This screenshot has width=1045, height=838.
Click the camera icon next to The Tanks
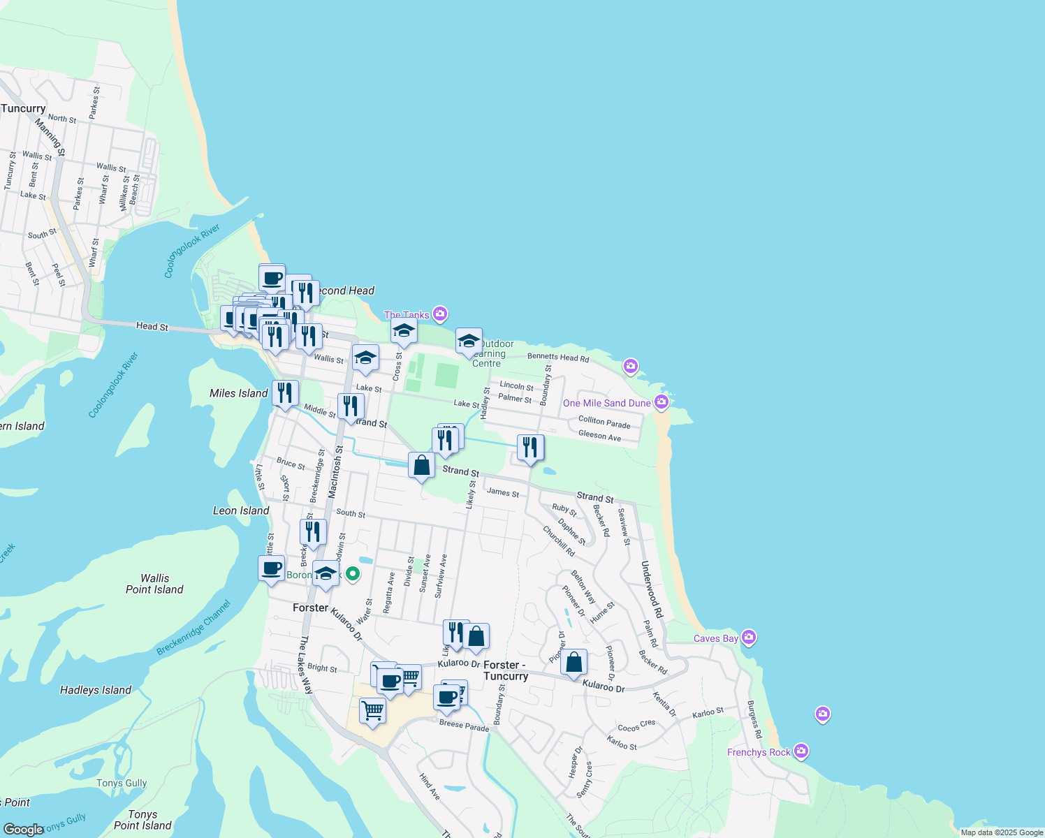coord(439,314)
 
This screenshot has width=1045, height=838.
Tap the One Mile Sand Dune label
coord(606,403)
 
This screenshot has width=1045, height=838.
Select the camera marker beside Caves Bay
coord(749,637)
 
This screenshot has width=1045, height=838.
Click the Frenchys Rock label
coord(759,752)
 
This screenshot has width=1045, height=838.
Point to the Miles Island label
coord(238,393)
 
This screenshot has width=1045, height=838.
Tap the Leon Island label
coord(241,510)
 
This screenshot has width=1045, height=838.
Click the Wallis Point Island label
coord(154,584)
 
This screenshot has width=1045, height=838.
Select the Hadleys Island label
coord(96,690)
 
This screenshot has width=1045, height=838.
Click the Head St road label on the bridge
coord(152,326)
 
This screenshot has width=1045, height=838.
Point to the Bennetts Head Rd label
coord(558,358)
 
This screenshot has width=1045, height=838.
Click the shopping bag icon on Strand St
coord(421,465)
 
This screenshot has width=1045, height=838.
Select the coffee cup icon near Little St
coord(271,568)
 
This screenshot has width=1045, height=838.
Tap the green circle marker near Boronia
coord(353,574)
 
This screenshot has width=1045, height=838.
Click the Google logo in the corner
coord(23,830)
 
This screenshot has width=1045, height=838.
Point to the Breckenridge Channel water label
coord(193,628)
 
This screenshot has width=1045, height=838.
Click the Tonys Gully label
coord(122,783)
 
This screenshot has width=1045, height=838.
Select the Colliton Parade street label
coord(604,422)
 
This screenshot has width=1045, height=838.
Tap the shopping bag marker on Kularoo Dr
coord(573,662)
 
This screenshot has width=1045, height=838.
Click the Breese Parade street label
coord(464,726)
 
